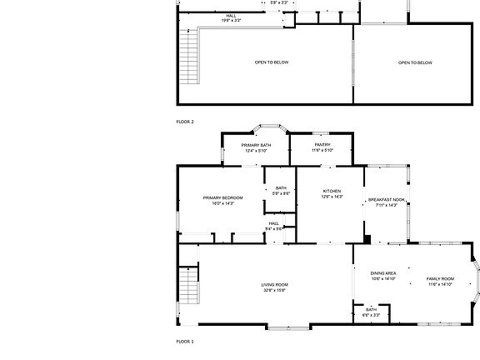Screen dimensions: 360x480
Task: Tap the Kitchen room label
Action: (x=332, y=192)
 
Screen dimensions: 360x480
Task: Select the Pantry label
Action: (x=322, y=145)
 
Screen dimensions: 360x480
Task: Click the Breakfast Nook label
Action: (x=386, y=199)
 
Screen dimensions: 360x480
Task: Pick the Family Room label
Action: (x=439, y=278)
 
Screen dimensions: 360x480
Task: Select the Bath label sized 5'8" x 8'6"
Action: (x=280, y=188)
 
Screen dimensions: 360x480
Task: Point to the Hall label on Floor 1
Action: (x=273, y=222)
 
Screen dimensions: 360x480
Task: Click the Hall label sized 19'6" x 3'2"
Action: (x=232, y=16)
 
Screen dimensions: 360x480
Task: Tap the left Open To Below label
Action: (x=272, y=62)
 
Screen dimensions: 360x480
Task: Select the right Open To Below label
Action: (x=414, y=62)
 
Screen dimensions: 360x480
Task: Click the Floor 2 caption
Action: (x=185, y=122)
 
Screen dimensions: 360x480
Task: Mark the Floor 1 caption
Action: (x=185, y=342)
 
